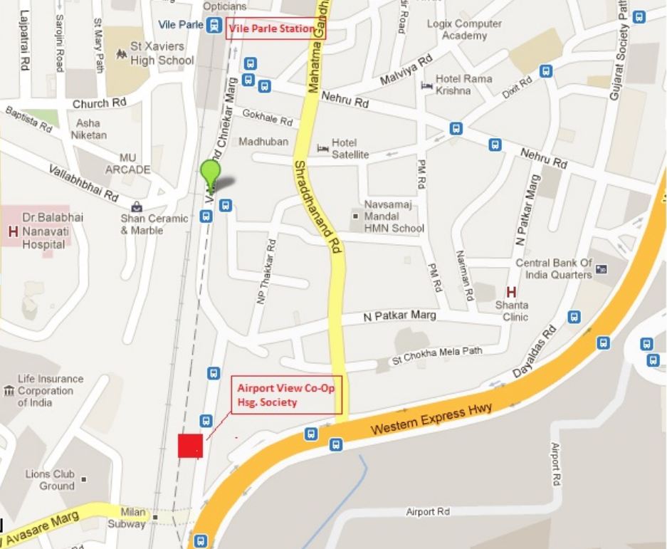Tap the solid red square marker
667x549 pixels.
click(190, 446)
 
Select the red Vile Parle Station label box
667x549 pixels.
click(271, 29)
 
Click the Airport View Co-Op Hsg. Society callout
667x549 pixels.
click(288, 396)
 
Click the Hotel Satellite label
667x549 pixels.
click(350, 148)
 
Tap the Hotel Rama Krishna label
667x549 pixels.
click(463, 85)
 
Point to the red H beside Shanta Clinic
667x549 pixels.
click(510, 292)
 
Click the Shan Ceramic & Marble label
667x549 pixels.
click(154, 224)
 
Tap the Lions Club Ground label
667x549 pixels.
click(50, 480)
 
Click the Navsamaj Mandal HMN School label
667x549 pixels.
click(394, 216)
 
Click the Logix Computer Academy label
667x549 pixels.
click(464, 29)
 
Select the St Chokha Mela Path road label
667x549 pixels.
click(437, 355)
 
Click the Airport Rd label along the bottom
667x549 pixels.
click(428, 512)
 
